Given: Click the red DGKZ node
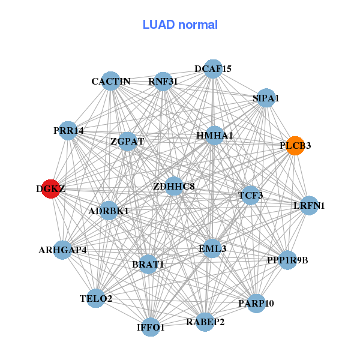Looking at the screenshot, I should tap(52, 188).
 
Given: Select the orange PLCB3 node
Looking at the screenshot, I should tap(295, 145).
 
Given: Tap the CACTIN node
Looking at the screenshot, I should tap(111, 81).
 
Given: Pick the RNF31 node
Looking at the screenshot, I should tap(163, 81).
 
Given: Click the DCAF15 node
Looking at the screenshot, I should tap(212, 69).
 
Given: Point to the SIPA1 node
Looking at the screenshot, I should tap(266, 98).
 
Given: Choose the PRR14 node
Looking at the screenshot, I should tap(68, 130).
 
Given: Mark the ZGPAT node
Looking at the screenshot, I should tap(127, 142).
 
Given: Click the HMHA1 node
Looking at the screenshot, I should tap(214, 136).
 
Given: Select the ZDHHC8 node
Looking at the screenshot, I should tap(174, 187).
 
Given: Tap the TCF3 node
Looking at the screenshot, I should tap(250, 195).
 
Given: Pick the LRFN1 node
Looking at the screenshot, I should tap(309, 206).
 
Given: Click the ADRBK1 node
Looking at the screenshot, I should tap(109, 211).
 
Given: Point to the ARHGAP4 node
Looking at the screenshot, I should tap(63, 250).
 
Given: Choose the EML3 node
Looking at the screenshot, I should tap(212, 248).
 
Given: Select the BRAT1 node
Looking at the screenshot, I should tap(148, 264).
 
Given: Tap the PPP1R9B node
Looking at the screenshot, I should tap(287, 260).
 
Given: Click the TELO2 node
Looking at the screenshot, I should tap(96, 298).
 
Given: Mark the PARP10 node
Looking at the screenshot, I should tap(256, 303).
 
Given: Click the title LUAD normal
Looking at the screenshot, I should tap(180, 25).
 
